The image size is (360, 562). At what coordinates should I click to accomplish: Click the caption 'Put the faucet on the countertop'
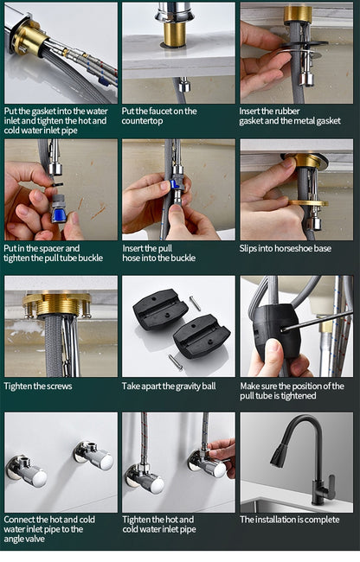159,116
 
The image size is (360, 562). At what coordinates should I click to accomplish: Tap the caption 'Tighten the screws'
38,386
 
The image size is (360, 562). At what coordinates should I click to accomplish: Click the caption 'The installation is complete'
290,520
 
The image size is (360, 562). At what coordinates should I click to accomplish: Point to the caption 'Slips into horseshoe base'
285,248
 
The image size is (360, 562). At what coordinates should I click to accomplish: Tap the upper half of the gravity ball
160,308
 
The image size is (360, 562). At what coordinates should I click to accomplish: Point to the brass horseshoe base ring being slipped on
308,203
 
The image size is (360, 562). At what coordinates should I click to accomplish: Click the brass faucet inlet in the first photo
28,37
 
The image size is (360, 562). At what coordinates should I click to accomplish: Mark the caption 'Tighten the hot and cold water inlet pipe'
159,525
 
